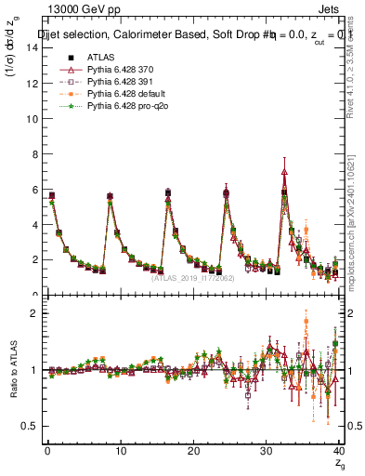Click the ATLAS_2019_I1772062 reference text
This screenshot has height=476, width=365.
click(x=192, y=277)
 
